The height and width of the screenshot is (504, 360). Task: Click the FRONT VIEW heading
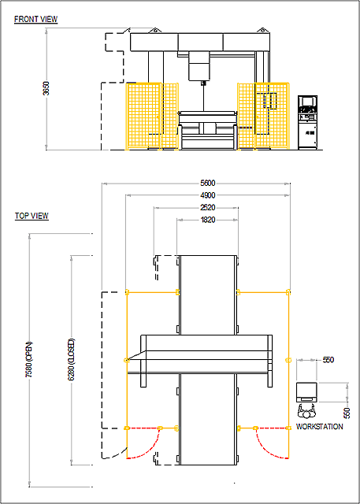36,19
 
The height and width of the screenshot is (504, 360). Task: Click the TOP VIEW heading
32,216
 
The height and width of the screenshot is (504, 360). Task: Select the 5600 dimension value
208,183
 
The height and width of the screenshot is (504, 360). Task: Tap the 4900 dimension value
208,195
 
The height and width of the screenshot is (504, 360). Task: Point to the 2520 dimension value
208,208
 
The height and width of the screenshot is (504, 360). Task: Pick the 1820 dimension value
208,220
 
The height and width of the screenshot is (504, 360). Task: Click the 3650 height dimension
46,89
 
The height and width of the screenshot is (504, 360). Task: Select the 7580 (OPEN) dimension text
29,359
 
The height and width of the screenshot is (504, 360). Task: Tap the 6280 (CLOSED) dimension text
72,359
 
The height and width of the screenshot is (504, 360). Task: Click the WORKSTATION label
319,427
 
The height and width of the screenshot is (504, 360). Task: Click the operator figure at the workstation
306,411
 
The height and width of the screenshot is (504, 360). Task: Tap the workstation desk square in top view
306,392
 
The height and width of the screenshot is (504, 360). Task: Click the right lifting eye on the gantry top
262,30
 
